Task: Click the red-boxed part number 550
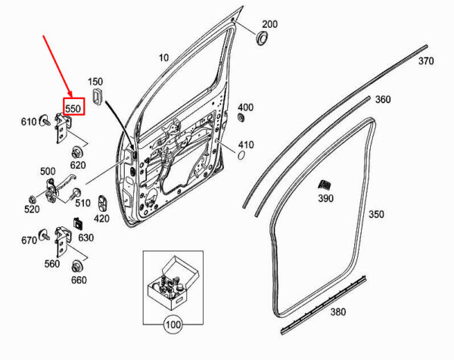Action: click(73, 108)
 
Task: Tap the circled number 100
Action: click(173, 324)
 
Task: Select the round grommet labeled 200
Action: click(262, 38)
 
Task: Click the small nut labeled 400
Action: click(240, 118)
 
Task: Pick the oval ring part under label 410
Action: click(241, 155)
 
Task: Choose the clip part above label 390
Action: click(325, 185)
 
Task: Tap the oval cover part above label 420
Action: click(102, 203)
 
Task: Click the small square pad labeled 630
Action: click(79, 223)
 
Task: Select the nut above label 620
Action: click(76, 151)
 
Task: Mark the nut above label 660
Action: click(76, 266)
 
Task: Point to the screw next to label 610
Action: click(45, 120)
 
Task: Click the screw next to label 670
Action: click(45, 234)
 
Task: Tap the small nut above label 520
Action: click(32, 199)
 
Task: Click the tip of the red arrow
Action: click(71, 97)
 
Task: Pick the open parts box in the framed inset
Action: click(173, 284)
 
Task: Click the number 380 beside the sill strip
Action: click(338, 312)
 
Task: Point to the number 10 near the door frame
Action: click(163, 58)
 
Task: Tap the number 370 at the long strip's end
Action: click(426, 61)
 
